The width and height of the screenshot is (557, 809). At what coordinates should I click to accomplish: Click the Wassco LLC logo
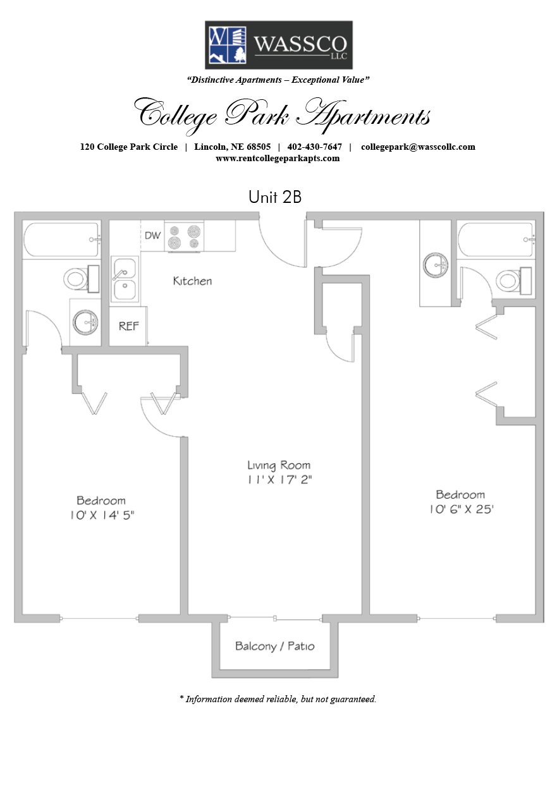[278, 45]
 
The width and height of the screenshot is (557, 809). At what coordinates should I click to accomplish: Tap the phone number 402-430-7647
[314, 147]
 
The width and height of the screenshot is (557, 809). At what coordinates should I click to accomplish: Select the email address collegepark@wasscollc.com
[418, 147]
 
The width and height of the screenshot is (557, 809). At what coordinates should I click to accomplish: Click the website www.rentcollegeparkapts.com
[278, 159]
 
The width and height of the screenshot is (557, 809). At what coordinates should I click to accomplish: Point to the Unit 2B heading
[275, 197]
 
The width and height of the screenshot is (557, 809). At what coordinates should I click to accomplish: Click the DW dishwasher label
[152, 236]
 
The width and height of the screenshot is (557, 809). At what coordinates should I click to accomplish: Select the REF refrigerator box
[128, 326]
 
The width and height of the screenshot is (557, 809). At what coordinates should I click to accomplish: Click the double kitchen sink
[125, 279]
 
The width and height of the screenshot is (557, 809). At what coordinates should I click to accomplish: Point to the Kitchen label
[192, 281]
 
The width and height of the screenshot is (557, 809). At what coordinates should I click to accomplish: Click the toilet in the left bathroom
[82, 279]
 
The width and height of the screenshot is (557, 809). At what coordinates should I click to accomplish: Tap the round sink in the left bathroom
[85, 322]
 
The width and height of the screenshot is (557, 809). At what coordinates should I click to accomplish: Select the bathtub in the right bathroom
[496, 240]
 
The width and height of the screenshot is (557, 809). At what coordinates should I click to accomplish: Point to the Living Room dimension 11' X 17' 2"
[279, 480]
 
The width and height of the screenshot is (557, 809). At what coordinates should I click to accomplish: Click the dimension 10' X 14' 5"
[102, 515]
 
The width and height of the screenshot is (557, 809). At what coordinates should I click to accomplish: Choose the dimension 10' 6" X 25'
[462, 509]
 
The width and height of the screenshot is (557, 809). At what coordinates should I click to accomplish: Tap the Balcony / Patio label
[274, 646]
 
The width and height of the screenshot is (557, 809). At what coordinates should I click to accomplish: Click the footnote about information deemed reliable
[278, 699]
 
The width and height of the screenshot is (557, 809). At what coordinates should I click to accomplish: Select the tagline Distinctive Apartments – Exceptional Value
[278, 80]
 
